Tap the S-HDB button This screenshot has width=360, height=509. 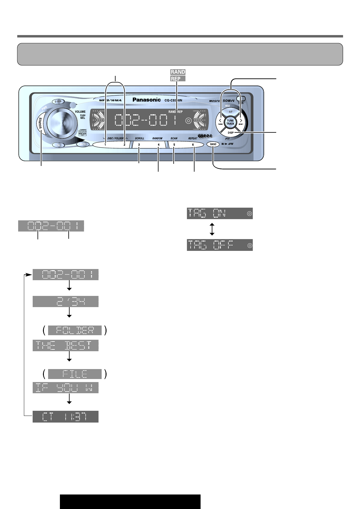[57, 102]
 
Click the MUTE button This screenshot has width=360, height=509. [83, 144]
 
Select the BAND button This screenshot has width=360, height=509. [213, 144]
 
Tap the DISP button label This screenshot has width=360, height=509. [231, 133]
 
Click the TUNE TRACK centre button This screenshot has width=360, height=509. [230, 122]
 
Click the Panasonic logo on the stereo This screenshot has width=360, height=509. [147, 100]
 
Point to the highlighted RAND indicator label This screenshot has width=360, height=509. [178, 72]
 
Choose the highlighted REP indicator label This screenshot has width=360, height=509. [178, 79]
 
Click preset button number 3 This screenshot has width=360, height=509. [139, 145]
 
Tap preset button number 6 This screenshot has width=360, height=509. [193, 145]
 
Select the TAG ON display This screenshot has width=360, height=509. [220, 213]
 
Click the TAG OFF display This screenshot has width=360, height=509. [220, 245]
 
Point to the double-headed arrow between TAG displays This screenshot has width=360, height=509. [212, 229]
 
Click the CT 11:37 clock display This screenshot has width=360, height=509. [65, 417]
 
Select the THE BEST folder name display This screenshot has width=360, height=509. [65, 345]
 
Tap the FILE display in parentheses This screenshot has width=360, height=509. [75, 374]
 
